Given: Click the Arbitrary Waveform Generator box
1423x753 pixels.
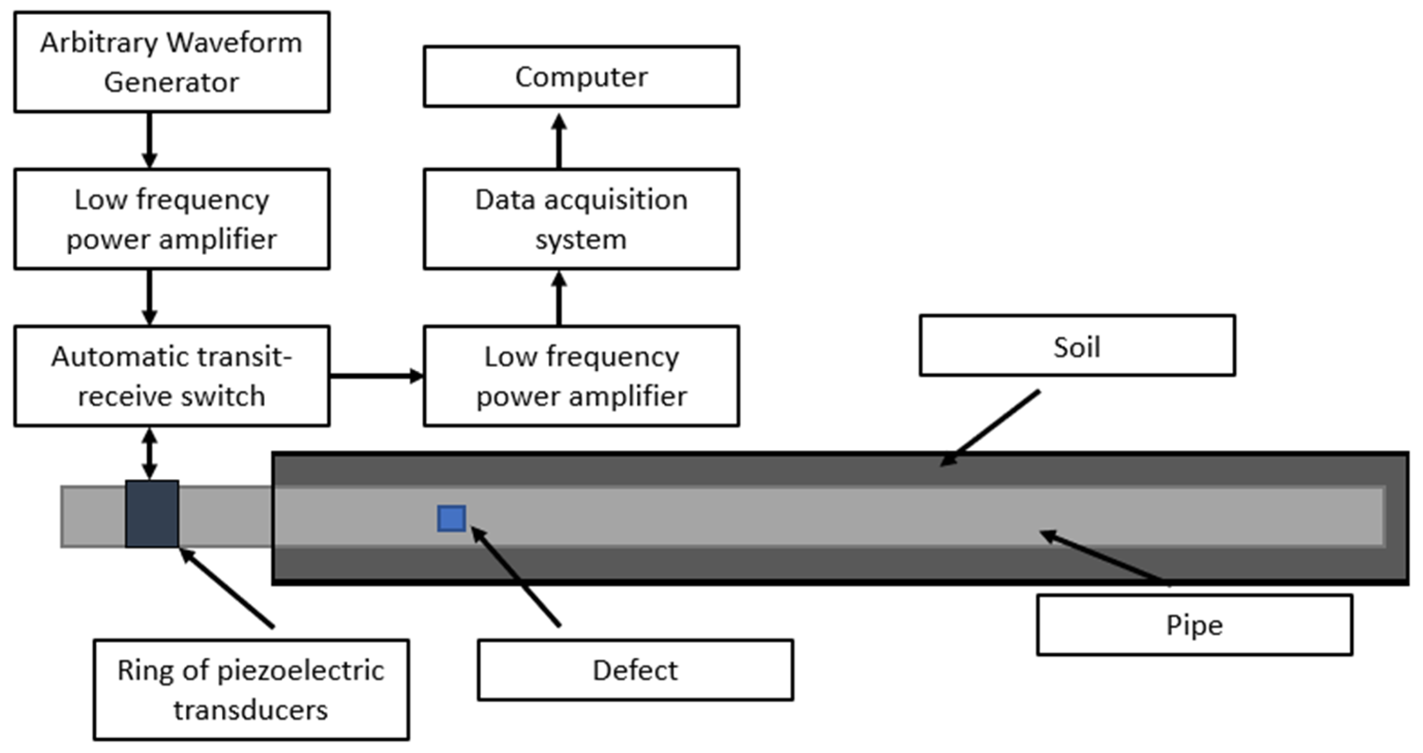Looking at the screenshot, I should point(172,62).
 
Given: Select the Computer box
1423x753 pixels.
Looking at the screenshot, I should point(581,76).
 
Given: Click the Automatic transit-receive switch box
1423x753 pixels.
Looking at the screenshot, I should point(172,376).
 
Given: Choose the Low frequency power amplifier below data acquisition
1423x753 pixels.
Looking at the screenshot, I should point(581,376).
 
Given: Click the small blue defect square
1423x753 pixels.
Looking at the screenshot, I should point(451,518).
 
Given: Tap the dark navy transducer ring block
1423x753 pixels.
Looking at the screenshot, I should point(152,514).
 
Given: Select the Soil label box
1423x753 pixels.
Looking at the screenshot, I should point(1077,346).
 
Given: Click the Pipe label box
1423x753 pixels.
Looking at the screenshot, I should point(1194,625).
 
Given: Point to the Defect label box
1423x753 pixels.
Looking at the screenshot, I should point(635,670).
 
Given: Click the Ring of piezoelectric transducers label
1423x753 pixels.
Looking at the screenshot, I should point(251,689).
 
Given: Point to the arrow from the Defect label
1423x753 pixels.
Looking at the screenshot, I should point(516,577).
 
